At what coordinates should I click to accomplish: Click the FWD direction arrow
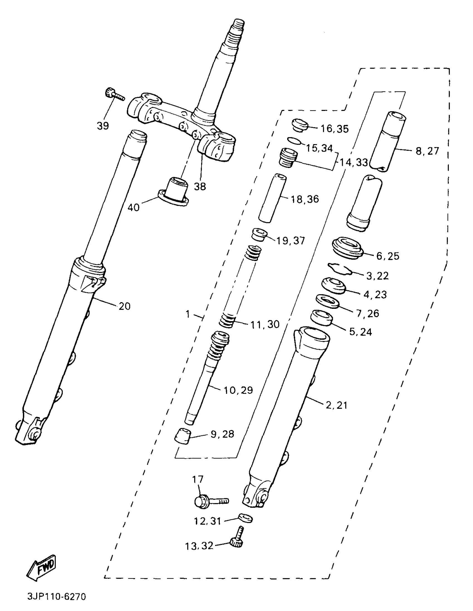42,567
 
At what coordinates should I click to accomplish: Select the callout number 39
103,126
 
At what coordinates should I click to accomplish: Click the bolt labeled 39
113,94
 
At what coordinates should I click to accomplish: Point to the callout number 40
134,208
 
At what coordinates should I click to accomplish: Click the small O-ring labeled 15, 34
294,141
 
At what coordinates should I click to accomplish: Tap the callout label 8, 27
427,151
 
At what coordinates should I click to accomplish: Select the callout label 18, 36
305,199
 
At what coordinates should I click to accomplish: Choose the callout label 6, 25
388,256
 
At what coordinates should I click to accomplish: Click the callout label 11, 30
265,324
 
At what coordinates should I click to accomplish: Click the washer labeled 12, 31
245,518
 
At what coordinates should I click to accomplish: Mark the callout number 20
124,306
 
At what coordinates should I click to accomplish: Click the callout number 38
200,186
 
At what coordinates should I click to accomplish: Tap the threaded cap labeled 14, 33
288,158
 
